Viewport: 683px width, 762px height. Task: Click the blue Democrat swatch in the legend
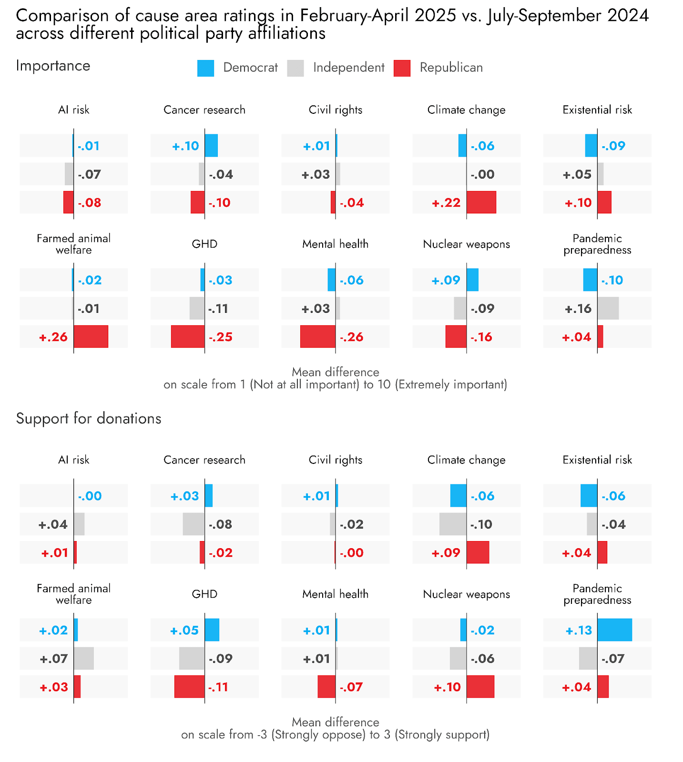click(205, 68)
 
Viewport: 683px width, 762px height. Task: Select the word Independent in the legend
click(348, 68)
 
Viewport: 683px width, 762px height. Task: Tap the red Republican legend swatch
click(402, 68)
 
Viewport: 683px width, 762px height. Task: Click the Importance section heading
click(53, 66)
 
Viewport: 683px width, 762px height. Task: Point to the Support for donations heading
click(89, 418)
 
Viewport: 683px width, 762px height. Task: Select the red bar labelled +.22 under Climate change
click(481, 202)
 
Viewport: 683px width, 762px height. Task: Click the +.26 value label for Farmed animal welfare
click(53, 337)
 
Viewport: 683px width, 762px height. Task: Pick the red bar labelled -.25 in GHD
click(188, 337)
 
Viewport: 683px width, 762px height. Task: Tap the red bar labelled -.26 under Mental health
click(317, 337)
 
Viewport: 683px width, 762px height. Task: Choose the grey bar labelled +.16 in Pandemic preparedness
click(608, 308)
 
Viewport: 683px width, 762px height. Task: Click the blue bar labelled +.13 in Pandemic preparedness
click(614, 630)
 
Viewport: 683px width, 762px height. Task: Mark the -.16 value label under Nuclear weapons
click(481, 337)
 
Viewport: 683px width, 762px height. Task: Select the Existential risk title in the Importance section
click(597, 110)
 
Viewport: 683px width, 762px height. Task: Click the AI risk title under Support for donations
click(74, 460)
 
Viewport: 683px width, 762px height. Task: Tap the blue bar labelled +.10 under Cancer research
click(211, 146)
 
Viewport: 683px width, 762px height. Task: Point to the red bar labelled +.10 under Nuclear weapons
click(480, 687)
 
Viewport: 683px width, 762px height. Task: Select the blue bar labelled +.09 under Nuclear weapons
click(472, 280)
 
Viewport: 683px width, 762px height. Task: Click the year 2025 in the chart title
click(435, 16)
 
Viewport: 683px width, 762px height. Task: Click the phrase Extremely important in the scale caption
click(450, 385)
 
